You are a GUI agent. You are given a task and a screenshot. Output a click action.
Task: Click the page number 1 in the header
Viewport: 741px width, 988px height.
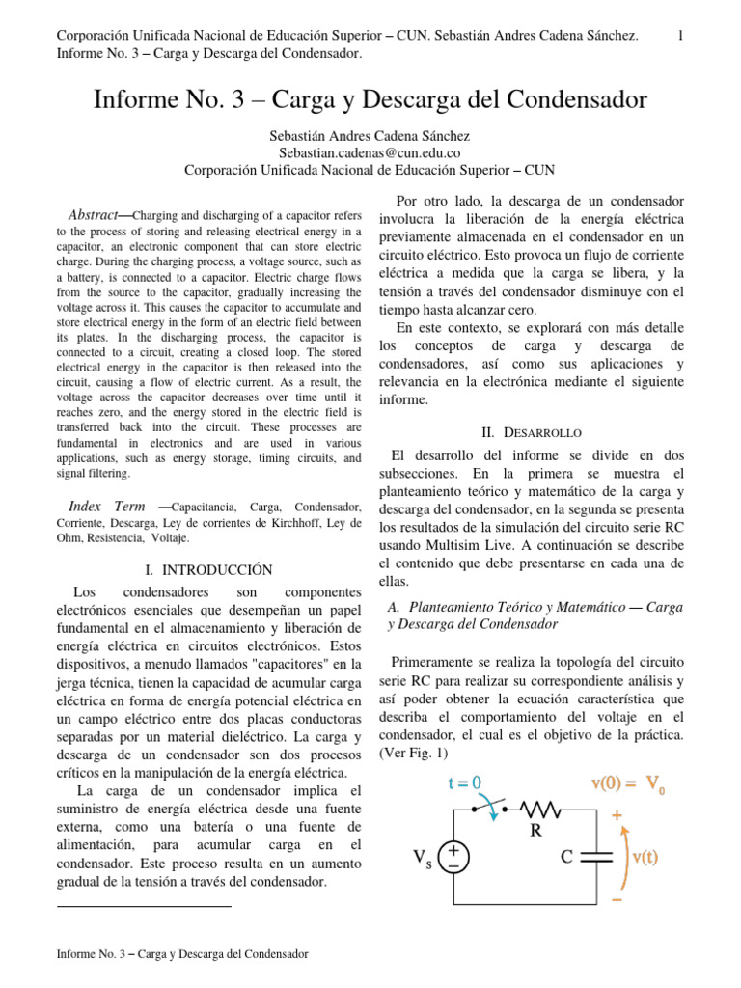coord(680,36)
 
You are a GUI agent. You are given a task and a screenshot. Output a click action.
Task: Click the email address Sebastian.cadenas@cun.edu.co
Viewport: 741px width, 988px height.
coord(370,153)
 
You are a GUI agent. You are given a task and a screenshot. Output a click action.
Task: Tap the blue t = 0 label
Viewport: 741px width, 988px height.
coord(464,782)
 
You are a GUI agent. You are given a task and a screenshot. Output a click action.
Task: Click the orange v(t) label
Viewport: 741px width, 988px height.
coord(645,857)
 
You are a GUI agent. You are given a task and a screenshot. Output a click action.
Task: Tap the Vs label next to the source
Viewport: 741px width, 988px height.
coord(423,858)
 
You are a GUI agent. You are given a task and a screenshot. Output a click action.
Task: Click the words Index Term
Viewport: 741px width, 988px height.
coord(107,507)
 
